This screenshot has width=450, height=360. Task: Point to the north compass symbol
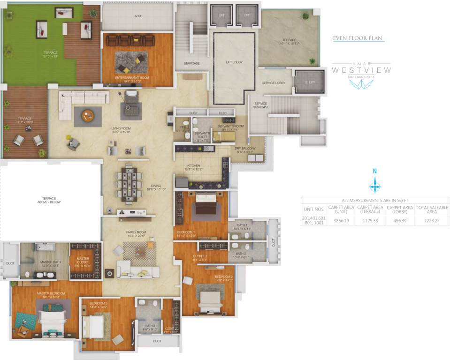[x=374, y=183]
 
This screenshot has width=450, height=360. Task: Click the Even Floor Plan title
[x=358, y=38]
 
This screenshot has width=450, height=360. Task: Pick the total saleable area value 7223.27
[x=432, y=220]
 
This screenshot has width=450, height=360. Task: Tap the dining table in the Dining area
[x=129, y=183]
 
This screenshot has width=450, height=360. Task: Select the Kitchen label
[x=194, y=166]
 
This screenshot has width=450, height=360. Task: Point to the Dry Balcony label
[x=245, y=150]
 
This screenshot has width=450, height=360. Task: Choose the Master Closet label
[x=84, y=260]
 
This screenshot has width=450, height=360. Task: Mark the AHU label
[x=138, y=16]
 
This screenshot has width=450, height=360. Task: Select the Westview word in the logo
[x=361, y=70]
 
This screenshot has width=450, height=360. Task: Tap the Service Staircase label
[x=261, y=105]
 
